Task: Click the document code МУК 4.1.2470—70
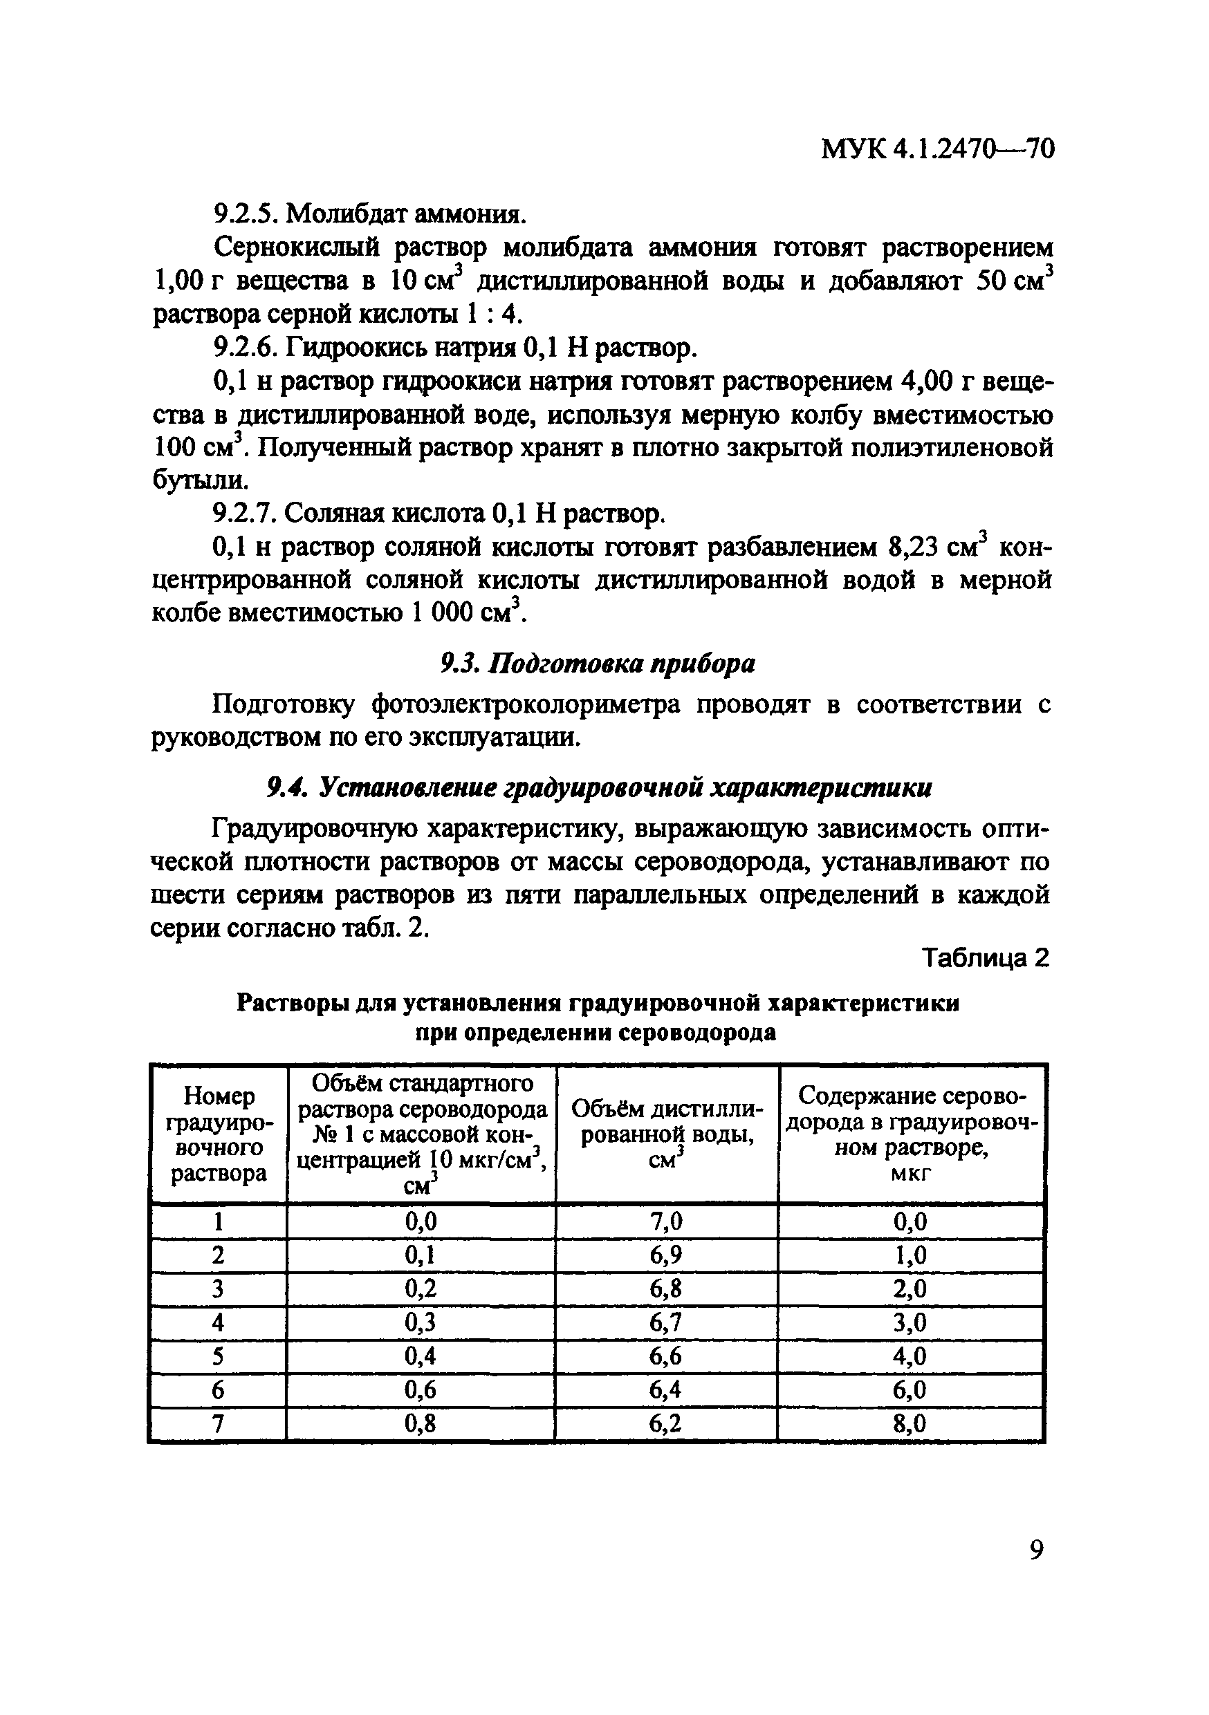937,150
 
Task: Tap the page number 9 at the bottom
1035,1550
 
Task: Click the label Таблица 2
986,957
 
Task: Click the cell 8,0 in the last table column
910,1425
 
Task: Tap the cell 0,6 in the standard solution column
420,1389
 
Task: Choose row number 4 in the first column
217,1323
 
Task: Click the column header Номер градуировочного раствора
218,1134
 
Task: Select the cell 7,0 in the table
666,1221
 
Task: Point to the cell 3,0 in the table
910,1323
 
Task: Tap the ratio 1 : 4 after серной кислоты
492,315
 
